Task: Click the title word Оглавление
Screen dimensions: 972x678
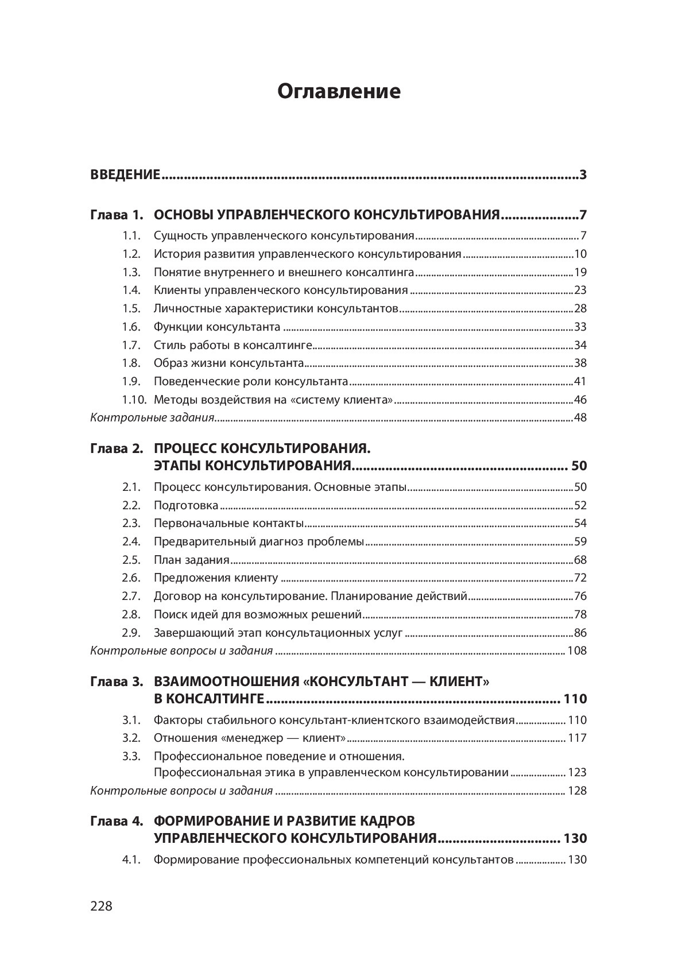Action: tap(339, 92)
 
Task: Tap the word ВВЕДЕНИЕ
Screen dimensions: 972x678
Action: tap(125, 175)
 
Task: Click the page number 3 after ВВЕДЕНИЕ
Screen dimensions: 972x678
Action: tap(583, 175)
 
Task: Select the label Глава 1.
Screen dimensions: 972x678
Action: tap(116, 216)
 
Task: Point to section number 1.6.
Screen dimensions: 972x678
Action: tap(131, 327)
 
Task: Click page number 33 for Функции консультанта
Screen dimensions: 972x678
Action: tap(580, 327)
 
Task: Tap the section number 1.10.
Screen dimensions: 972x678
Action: tap(133, 400)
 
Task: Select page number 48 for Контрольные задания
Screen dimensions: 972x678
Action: tap(580, 417)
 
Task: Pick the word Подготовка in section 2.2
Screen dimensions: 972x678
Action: tap(186, 505)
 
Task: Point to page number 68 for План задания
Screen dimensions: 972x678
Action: tap(580, 560)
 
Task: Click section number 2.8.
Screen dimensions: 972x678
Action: tap(131, 614)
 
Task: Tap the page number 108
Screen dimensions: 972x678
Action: tap(577, 651)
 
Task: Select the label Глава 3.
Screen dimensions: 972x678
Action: tap(116, 682)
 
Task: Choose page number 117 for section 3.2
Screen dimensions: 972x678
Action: tap(577, 738)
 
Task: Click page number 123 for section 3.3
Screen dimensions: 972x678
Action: tap(577, 772)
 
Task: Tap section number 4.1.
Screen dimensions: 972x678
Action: tap(131, 860)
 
